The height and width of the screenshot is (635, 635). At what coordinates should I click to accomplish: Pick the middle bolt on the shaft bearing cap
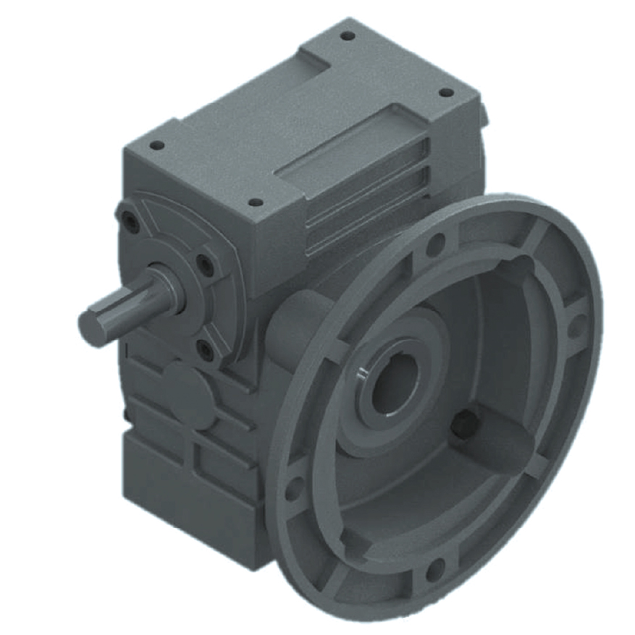pos(207,263)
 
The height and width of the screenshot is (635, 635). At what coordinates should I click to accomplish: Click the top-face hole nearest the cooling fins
pos(254,203)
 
